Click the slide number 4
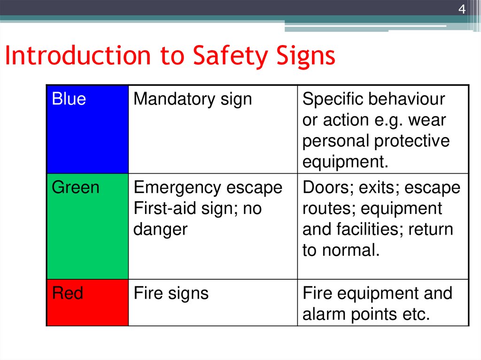coord(462,9)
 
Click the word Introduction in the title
coord(77,56)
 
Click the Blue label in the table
coord(69,99)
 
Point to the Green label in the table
coord(75,188)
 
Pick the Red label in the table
coord(67,294)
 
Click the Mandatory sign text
coord(193,99)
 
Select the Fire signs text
coord(171,294)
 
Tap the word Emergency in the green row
coord(178,188)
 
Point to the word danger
coord(160,230)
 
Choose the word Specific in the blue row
coord(332,99)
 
